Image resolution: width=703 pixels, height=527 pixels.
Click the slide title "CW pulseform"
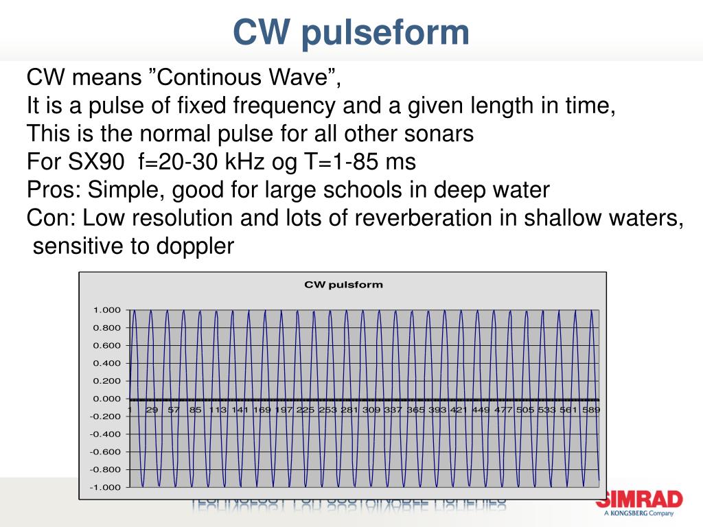click(x=351, y=32)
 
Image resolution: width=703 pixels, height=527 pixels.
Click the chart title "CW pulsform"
click(x=343, y=284)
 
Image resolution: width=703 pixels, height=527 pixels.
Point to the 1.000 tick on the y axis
click(x=106, y=310)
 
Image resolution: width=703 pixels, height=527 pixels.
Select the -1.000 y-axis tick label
click(x=105, y=487)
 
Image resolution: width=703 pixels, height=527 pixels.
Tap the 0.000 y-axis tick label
click(x=106, y=399)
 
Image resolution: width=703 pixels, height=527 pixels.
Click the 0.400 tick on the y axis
click(x=106, y=363)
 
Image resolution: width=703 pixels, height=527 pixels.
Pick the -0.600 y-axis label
click(x=105, y=452)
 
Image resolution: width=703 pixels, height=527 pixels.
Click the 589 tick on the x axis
click(x=591, y=410)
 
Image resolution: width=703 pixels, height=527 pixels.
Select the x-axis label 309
click(x=371, y=410)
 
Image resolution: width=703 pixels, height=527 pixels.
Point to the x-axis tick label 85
click(x=196, y=410)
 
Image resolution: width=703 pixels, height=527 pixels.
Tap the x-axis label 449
click(x=481, y=410)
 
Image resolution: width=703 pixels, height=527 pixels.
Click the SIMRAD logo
click(x=639, y=499)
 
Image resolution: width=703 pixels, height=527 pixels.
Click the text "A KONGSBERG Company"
click(x=639, y=513)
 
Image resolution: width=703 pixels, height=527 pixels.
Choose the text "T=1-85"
click(x=344, y=162)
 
